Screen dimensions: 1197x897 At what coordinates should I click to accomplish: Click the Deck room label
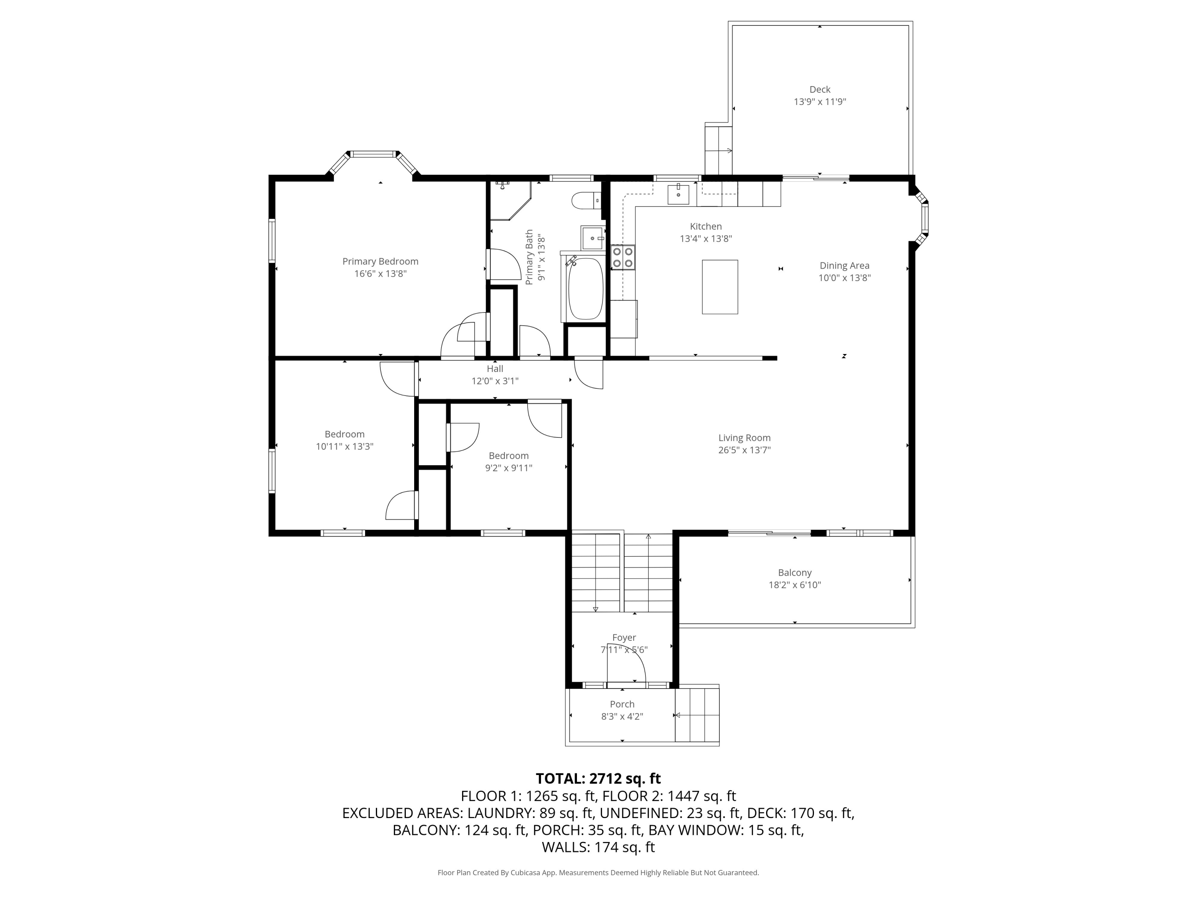click(820, 90)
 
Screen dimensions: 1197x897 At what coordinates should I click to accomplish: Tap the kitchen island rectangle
click(720, 287)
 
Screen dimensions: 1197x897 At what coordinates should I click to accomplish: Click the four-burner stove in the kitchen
click(623, 258)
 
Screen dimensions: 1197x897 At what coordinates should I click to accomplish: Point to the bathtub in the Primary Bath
click(585, 289)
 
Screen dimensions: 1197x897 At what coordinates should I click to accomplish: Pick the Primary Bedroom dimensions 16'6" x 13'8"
click(380, 273)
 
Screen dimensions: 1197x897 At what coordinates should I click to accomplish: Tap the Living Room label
click(744, 438)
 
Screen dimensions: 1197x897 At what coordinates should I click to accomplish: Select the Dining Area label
click(844, 266)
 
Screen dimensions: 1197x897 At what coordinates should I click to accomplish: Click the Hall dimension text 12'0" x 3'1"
click(495, 381)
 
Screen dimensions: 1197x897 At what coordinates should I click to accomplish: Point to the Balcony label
click(794, 572)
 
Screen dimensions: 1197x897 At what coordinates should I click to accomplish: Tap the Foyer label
click(624, 637)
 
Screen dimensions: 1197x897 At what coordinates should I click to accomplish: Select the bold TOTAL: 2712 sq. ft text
click(598, 779)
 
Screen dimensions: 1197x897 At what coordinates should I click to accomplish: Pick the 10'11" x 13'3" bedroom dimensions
click(345, 447)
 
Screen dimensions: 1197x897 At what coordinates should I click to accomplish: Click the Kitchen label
click(706, 226)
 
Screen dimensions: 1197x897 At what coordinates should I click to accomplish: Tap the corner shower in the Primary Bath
click(510, 201)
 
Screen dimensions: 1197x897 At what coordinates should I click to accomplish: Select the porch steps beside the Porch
click(697, 715)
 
